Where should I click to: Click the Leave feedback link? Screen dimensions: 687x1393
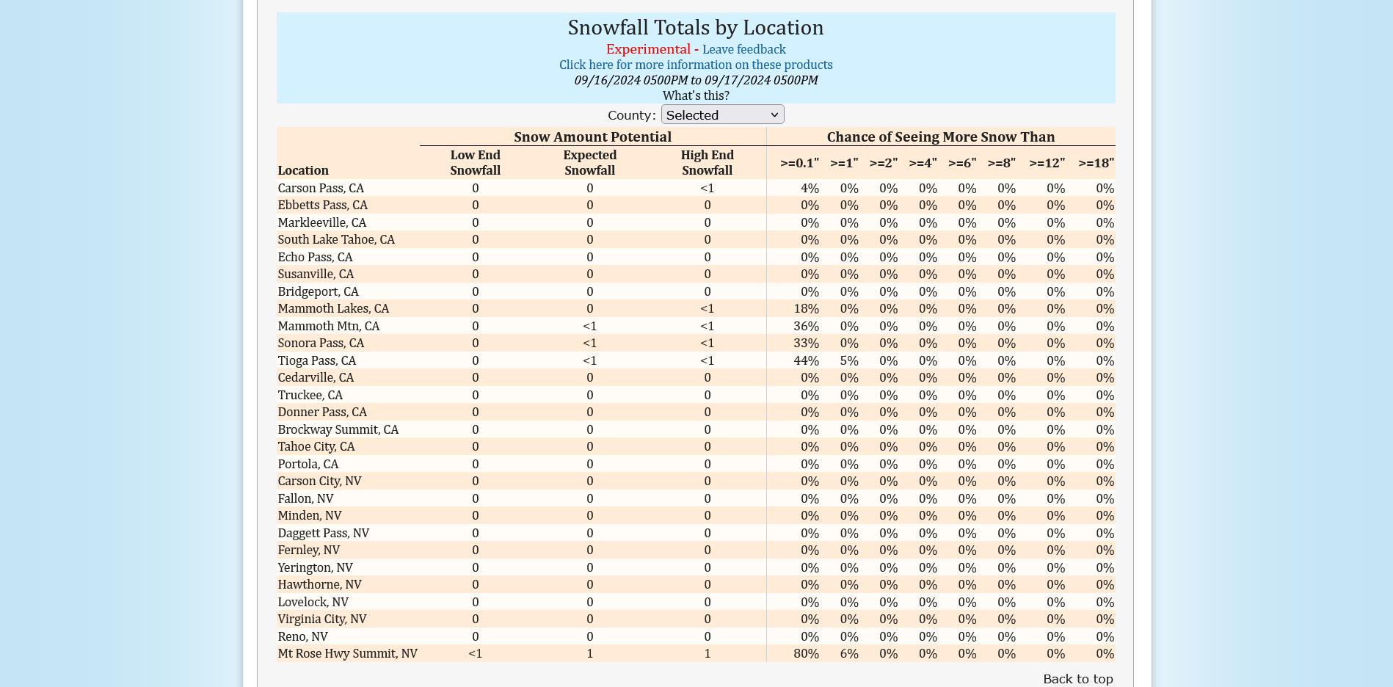743,49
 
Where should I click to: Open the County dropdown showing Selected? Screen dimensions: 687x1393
722,114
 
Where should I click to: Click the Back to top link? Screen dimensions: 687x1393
1077,679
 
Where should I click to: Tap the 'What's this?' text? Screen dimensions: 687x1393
696,95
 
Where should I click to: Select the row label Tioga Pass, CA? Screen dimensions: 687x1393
316,360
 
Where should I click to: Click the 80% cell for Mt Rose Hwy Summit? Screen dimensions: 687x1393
806,653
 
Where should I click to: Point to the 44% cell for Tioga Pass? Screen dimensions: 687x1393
806,360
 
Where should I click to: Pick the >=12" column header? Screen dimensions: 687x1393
1047,163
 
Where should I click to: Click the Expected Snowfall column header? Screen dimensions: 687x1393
589,163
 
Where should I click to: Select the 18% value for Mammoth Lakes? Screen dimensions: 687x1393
806,308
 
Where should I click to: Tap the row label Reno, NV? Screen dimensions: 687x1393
302,636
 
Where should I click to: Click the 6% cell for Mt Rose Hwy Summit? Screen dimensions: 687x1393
849,653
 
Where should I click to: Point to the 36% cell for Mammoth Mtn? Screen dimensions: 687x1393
806,326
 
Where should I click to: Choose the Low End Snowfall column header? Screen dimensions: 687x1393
475,163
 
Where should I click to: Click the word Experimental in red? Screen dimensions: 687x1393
648,49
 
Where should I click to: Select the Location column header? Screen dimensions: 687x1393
303,170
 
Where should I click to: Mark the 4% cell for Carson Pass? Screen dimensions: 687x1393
810,188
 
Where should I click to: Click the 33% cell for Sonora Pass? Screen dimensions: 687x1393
806,343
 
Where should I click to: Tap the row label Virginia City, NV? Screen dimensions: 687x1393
321,619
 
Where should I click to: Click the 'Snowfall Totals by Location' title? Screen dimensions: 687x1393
696,27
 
